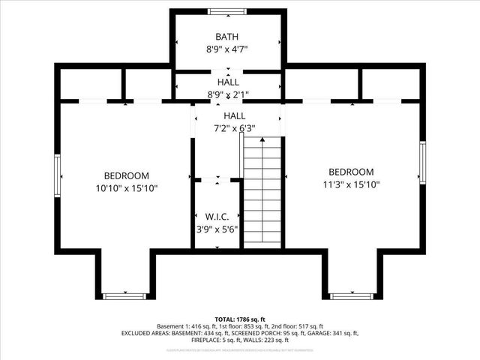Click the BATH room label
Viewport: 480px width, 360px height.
pos(227,36)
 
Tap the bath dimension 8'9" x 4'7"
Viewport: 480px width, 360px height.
pos(227,49)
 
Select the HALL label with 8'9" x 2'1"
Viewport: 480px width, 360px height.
pos(228,82)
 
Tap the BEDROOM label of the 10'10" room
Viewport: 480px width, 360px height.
pos(126,175)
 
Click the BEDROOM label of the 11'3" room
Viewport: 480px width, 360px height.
pos(350,172)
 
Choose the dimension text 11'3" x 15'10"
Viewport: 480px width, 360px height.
pos(350,184)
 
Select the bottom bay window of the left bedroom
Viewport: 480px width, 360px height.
pos(124,296)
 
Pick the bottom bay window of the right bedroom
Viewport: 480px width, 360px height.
pos(351,296)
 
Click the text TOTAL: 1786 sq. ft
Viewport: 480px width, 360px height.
pos(239,319)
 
